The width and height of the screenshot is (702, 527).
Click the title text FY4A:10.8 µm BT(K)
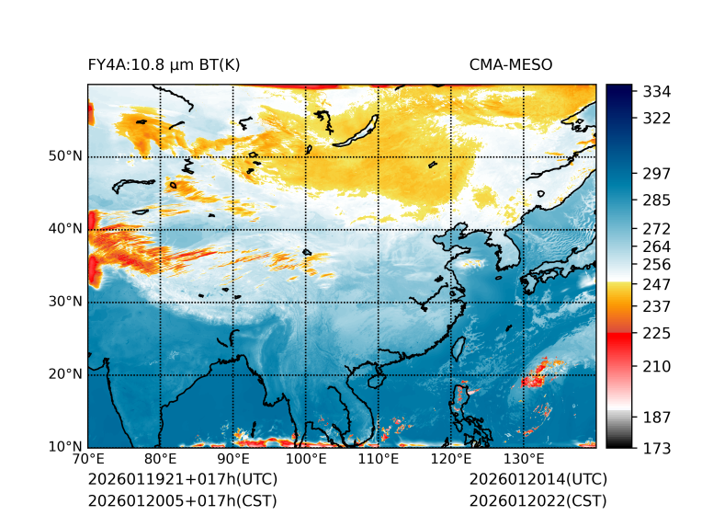pos(164,65)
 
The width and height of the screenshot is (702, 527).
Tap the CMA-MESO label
pos(511,65)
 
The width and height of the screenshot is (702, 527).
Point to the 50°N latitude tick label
pos(65,156)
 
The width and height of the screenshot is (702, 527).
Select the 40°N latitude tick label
pos(65,229)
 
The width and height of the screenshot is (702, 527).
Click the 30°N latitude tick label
pos(65,302)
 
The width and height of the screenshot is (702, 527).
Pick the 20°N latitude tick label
pos(65,374)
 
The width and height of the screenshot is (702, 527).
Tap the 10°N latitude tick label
pos(65,447)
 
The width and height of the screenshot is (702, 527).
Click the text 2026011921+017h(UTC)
pos(182,480)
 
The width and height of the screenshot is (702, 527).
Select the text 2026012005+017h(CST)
pos(182,501)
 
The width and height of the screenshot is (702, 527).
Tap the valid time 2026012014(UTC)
pos(538,480)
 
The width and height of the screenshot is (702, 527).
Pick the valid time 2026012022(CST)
pos(538,501)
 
